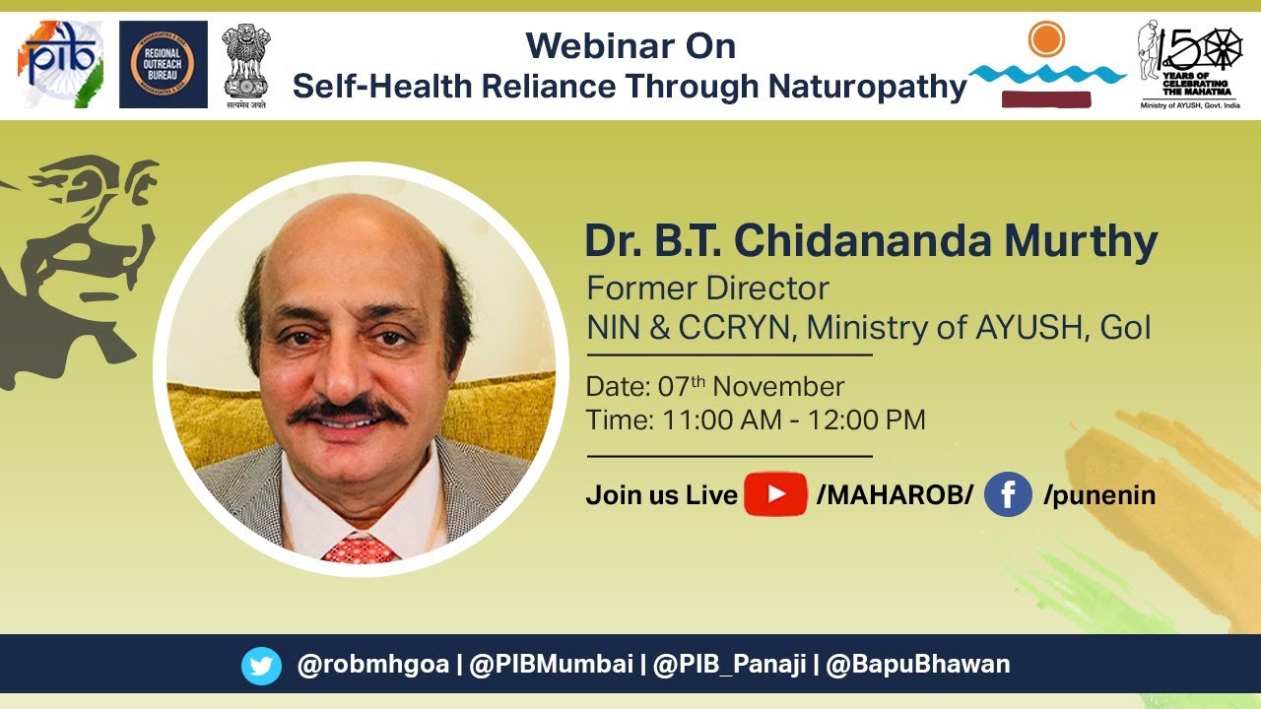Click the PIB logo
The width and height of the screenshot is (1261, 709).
pos(60,64)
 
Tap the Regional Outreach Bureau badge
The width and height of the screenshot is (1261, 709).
pos(163,64)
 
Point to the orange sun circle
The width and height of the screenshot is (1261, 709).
pos(1046,39)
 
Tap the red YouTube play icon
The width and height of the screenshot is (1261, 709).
pos(775,494)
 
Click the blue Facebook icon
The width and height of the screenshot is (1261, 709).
pos(1008,494)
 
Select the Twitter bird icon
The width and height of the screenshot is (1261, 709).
pos(261,665)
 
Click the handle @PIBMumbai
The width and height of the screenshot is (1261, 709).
pos(552,665)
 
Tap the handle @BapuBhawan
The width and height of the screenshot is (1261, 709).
pos(918,665)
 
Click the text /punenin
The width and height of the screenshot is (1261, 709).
pos(1099,494)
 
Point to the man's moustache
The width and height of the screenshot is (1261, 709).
pos(347,408)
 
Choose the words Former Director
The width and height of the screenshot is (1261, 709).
pos(707,290)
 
